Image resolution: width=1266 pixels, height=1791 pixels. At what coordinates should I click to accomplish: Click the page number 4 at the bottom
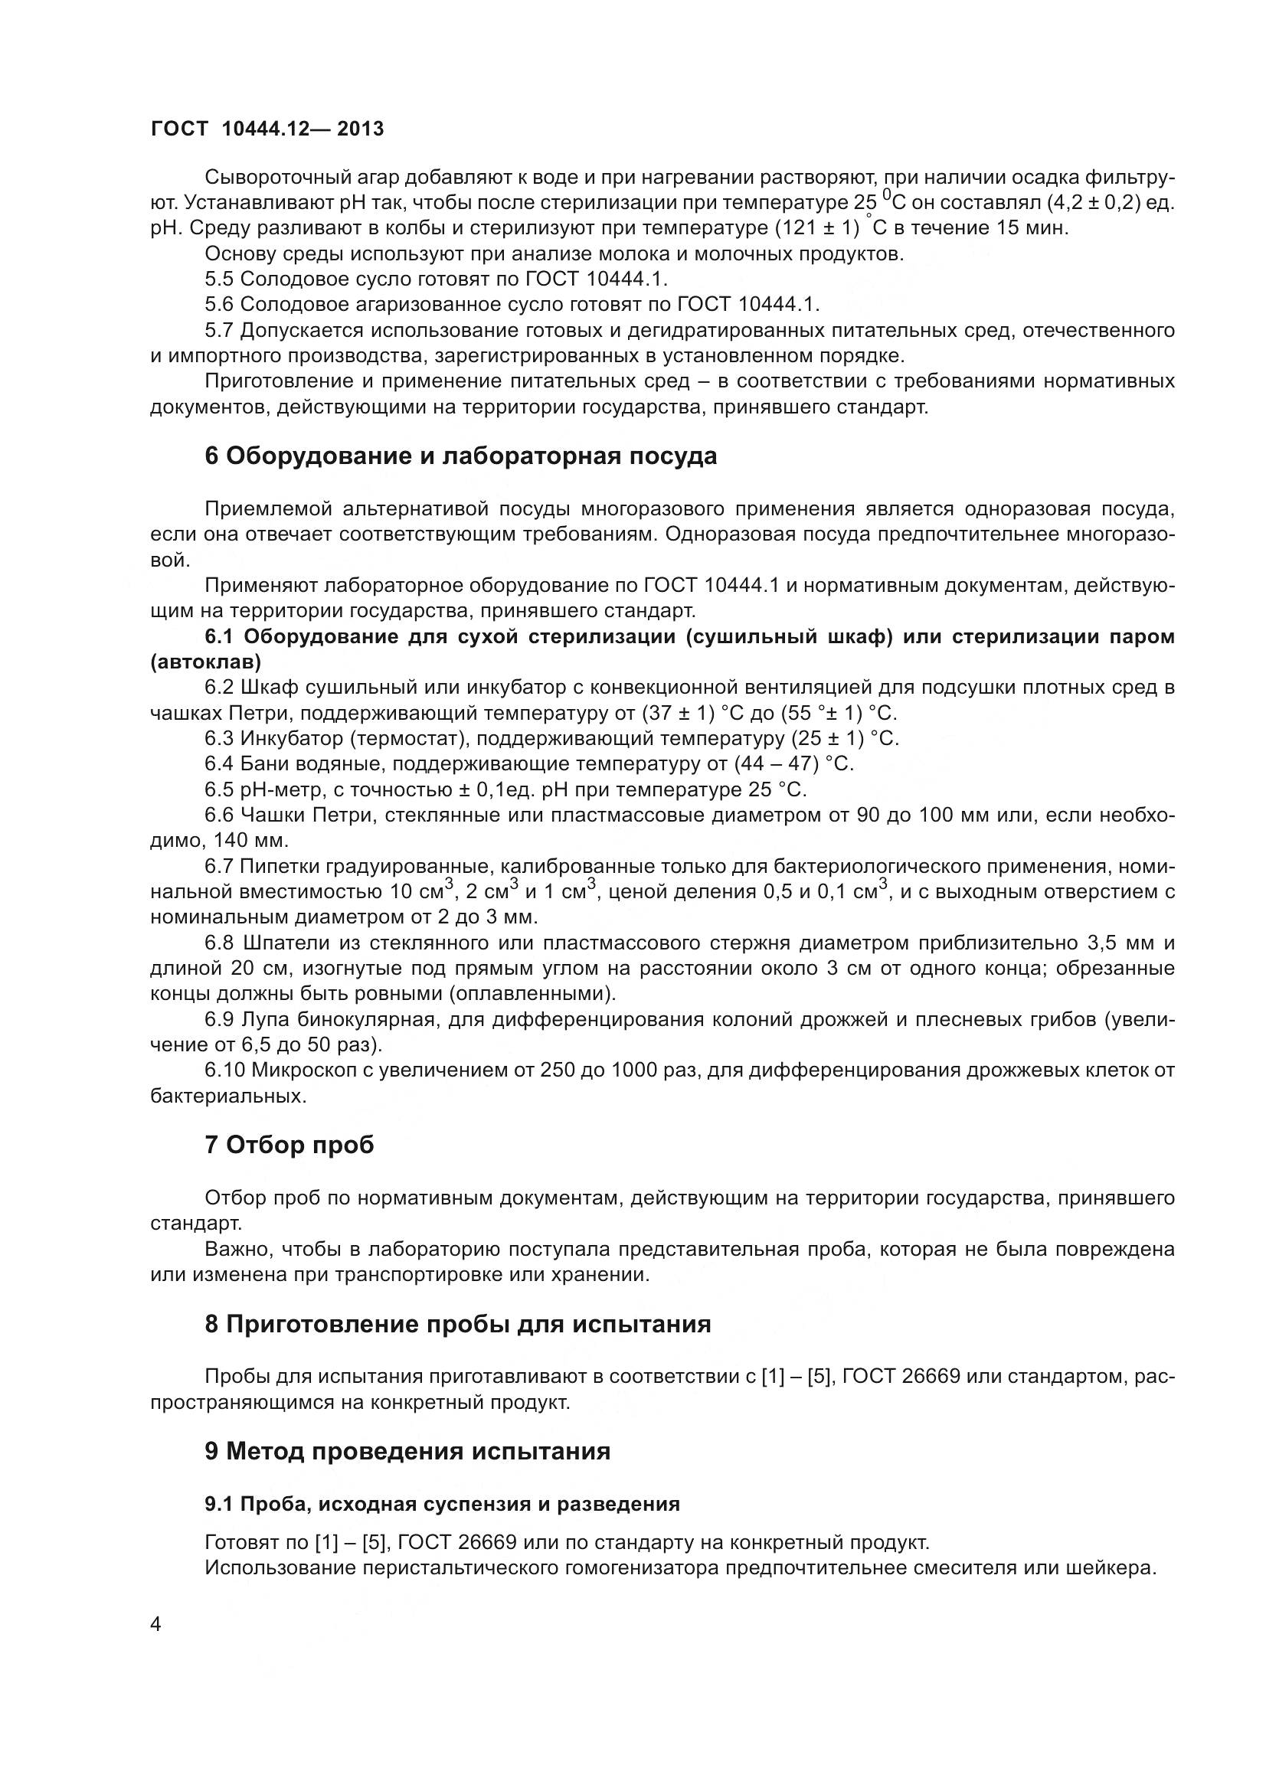(155, 1625)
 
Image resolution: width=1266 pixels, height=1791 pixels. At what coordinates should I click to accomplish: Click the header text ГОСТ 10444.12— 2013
(267, 129)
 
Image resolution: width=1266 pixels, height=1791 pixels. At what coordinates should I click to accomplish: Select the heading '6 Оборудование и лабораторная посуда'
(460, 456)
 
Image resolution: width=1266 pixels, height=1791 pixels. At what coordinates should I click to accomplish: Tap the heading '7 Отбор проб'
(289, 1145)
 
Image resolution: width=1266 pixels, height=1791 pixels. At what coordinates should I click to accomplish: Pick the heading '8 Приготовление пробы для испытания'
(457, 1325)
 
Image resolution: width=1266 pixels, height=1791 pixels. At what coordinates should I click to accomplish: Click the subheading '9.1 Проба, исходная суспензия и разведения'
(441, 1504)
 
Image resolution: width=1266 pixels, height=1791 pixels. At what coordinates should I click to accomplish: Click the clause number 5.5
(218, 279)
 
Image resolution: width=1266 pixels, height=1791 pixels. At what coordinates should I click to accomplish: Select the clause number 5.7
(218, 331)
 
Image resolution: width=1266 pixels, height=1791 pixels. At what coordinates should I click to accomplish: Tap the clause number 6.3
(218, 739)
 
